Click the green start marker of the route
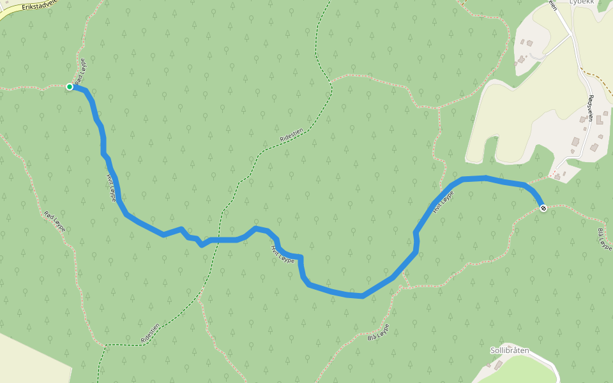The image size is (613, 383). pyautogui.click(x=70, y=87)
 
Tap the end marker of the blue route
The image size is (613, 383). pyautogui.click(x=543, y=207)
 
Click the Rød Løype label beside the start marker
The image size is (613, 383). pyautogui.click(x=79, y=71)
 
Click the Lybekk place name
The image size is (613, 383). pyautogui.click(x=582, y=3)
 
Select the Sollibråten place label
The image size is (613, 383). pyautogui.click(x=510, y=350)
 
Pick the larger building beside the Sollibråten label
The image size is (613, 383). pyautogui.click(x=499, y=364)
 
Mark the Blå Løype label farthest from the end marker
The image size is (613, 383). pyautogui.click(x=378, y=333)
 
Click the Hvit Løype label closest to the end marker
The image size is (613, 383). pyautogui.click(x=443, y=200)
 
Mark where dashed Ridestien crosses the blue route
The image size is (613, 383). pyautogui.click(x=218, y=240)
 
